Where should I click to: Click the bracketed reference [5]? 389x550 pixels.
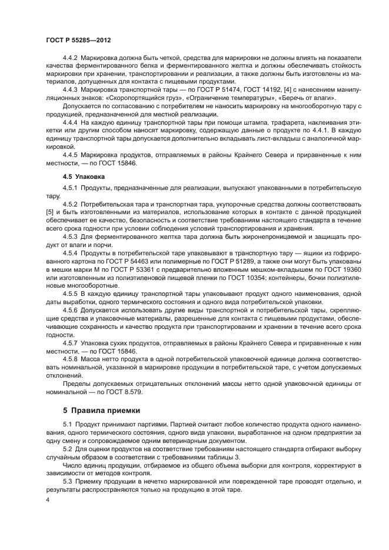coord(49,211)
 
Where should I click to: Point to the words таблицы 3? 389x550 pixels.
coord(221,457)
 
